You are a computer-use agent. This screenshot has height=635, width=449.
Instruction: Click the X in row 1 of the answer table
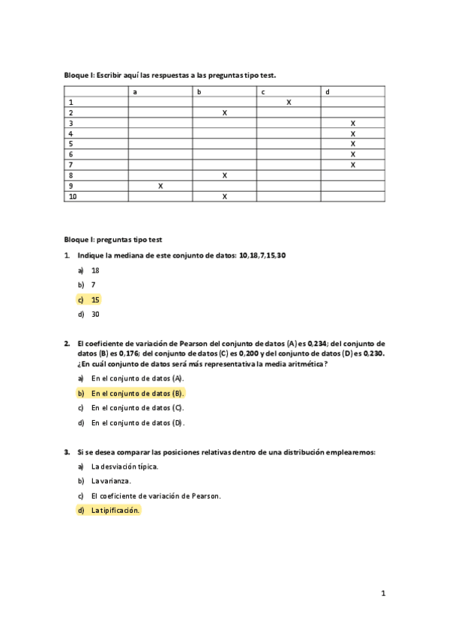(x=289, y=102)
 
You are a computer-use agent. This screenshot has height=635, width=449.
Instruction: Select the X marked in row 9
(x=160, y=186)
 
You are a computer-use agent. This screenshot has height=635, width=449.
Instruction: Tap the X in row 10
(x=225, y=196)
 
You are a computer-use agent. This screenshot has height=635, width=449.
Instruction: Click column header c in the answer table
(x=263, y=91)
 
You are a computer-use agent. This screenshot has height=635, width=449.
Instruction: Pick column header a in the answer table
(x=135, y=91)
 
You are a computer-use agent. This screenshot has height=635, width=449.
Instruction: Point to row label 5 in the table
(x=70, y=144)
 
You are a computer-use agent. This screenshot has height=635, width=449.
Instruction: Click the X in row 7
(x=353, y=165)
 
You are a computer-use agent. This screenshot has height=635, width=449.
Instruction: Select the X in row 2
(x=225, y=112)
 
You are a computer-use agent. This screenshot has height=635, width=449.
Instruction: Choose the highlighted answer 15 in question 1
(x=95, y=300)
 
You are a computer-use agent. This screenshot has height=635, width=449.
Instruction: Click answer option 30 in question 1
(x=95, y=315)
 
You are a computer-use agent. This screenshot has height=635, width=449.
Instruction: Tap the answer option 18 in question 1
(x=95, y=270)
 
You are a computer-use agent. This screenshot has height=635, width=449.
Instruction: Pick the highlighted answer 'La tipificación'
(x=115, y=511)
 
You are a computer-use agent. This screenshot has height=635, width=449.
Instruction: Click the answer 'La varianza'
(x=111, y=481)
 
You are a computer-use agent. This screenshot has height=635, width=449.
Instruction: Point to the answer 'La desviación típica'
(x=124, y=466)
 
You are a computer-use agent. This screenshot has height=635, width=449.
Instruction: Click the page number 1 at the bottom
(x=383, y=593)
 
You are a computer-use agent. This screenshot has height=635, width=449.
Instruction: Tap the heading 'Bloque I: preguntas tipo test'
(x=112, y=240)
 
